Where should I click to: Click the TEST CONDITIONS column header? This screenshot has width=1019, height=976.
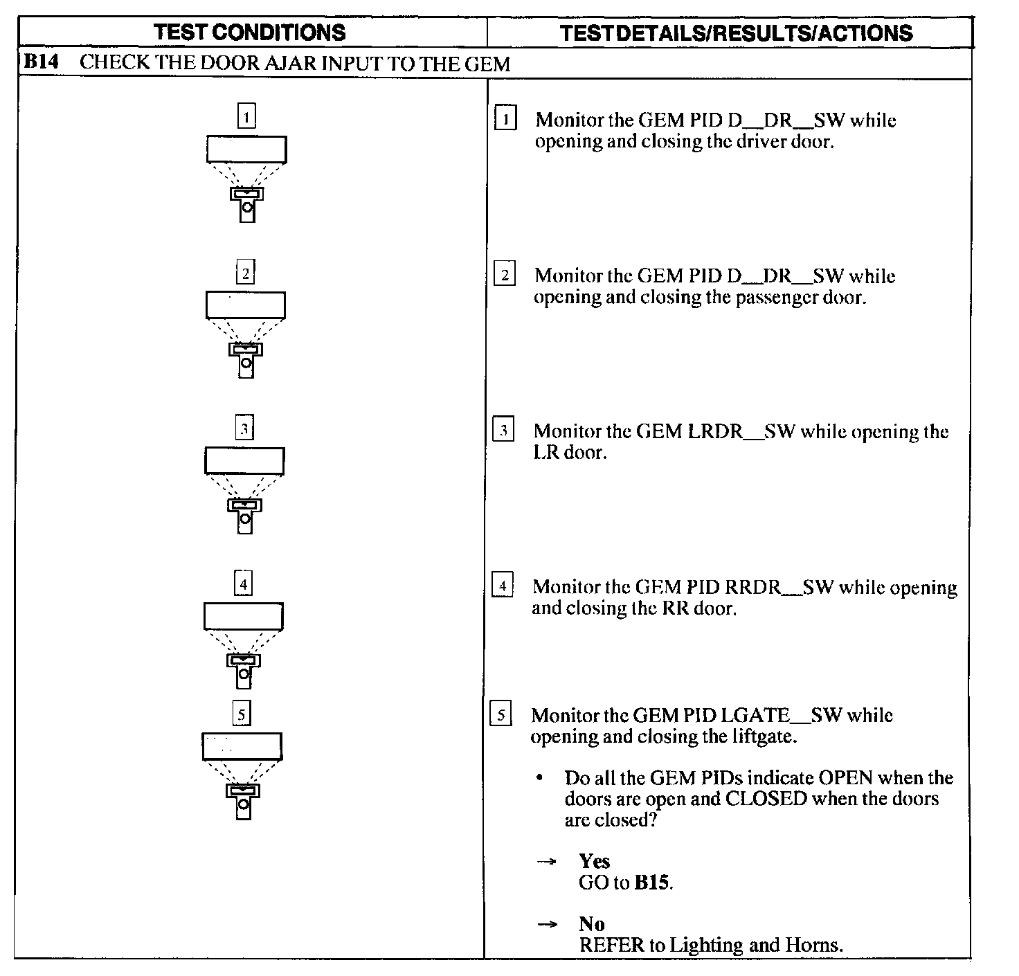pyautogui.click(x=249, y=32)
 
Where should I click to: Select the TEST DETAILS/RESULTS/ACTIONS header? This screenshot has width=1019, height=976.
pyautogui.click(x=736, y=33)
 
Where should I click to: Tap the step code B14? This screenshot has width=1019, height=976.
pyautogui.click(x=42, y=62)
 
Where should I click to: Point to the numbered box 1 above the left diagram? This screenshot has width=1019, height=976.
pyautogui.click(x=246, y=116)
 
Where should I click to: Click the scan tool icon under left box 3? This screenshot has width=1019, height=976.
pyautogui.click(x=244, y=516)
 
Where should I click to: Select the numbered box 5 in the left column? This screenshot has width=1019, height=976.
pyautogui.click(x=241, y=714)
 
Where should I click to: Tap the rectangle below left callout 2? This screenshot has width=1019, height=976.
pyautogui.click(x=245, y=305)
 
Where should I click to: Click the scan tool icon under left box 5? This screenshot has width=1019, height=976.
pyautogui.click(x=242, y=801)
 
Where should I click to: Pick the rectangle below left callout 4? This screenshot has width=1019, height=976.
pyautogui.click(x=243, y=616)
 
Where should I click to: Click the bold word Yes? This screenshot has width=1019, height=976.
pyautogui.click(x=594, y=861)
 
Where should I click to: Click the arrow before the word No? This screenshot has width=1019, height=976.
pyautogui.click(x=548, y=924)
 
